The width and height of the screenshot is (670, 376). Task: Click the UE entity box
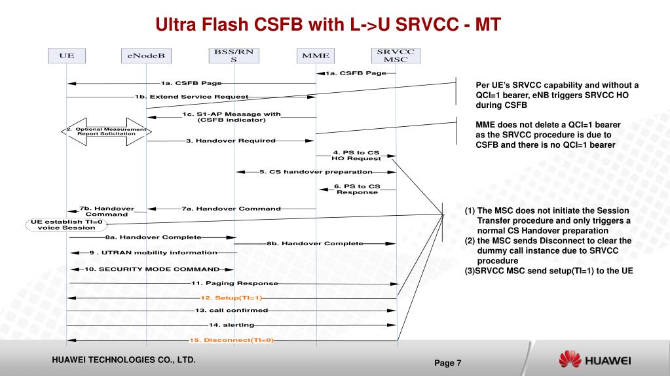[x=67, y=56]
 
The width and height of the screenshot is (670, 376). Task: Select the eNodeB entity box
[x=146, y=56]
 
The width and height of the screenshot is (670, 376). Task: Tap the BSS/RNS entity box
[x=233, y=56]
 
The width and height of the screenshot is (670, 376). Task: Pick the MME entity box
[x=316, y=56]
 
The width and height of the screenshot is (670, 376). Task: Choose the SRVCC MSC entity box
[x=396, y=56]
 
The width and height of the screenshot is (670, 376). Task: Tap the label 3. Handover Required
[x=231, y=140]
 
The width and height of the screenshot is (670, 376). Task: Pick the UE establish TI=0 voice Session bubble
[x=67, y=224]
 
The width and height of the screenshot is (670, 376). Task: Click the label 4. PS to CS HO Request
[x=356, y=156]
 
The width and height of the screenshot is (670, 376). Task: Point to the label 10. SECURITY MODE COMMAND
[x=151, y=269]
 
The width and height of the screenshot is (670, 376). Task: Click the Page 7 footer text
[x=448, y=363]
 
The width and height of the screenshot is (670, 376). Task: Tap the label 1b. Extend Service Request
[x=191, y=97]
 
